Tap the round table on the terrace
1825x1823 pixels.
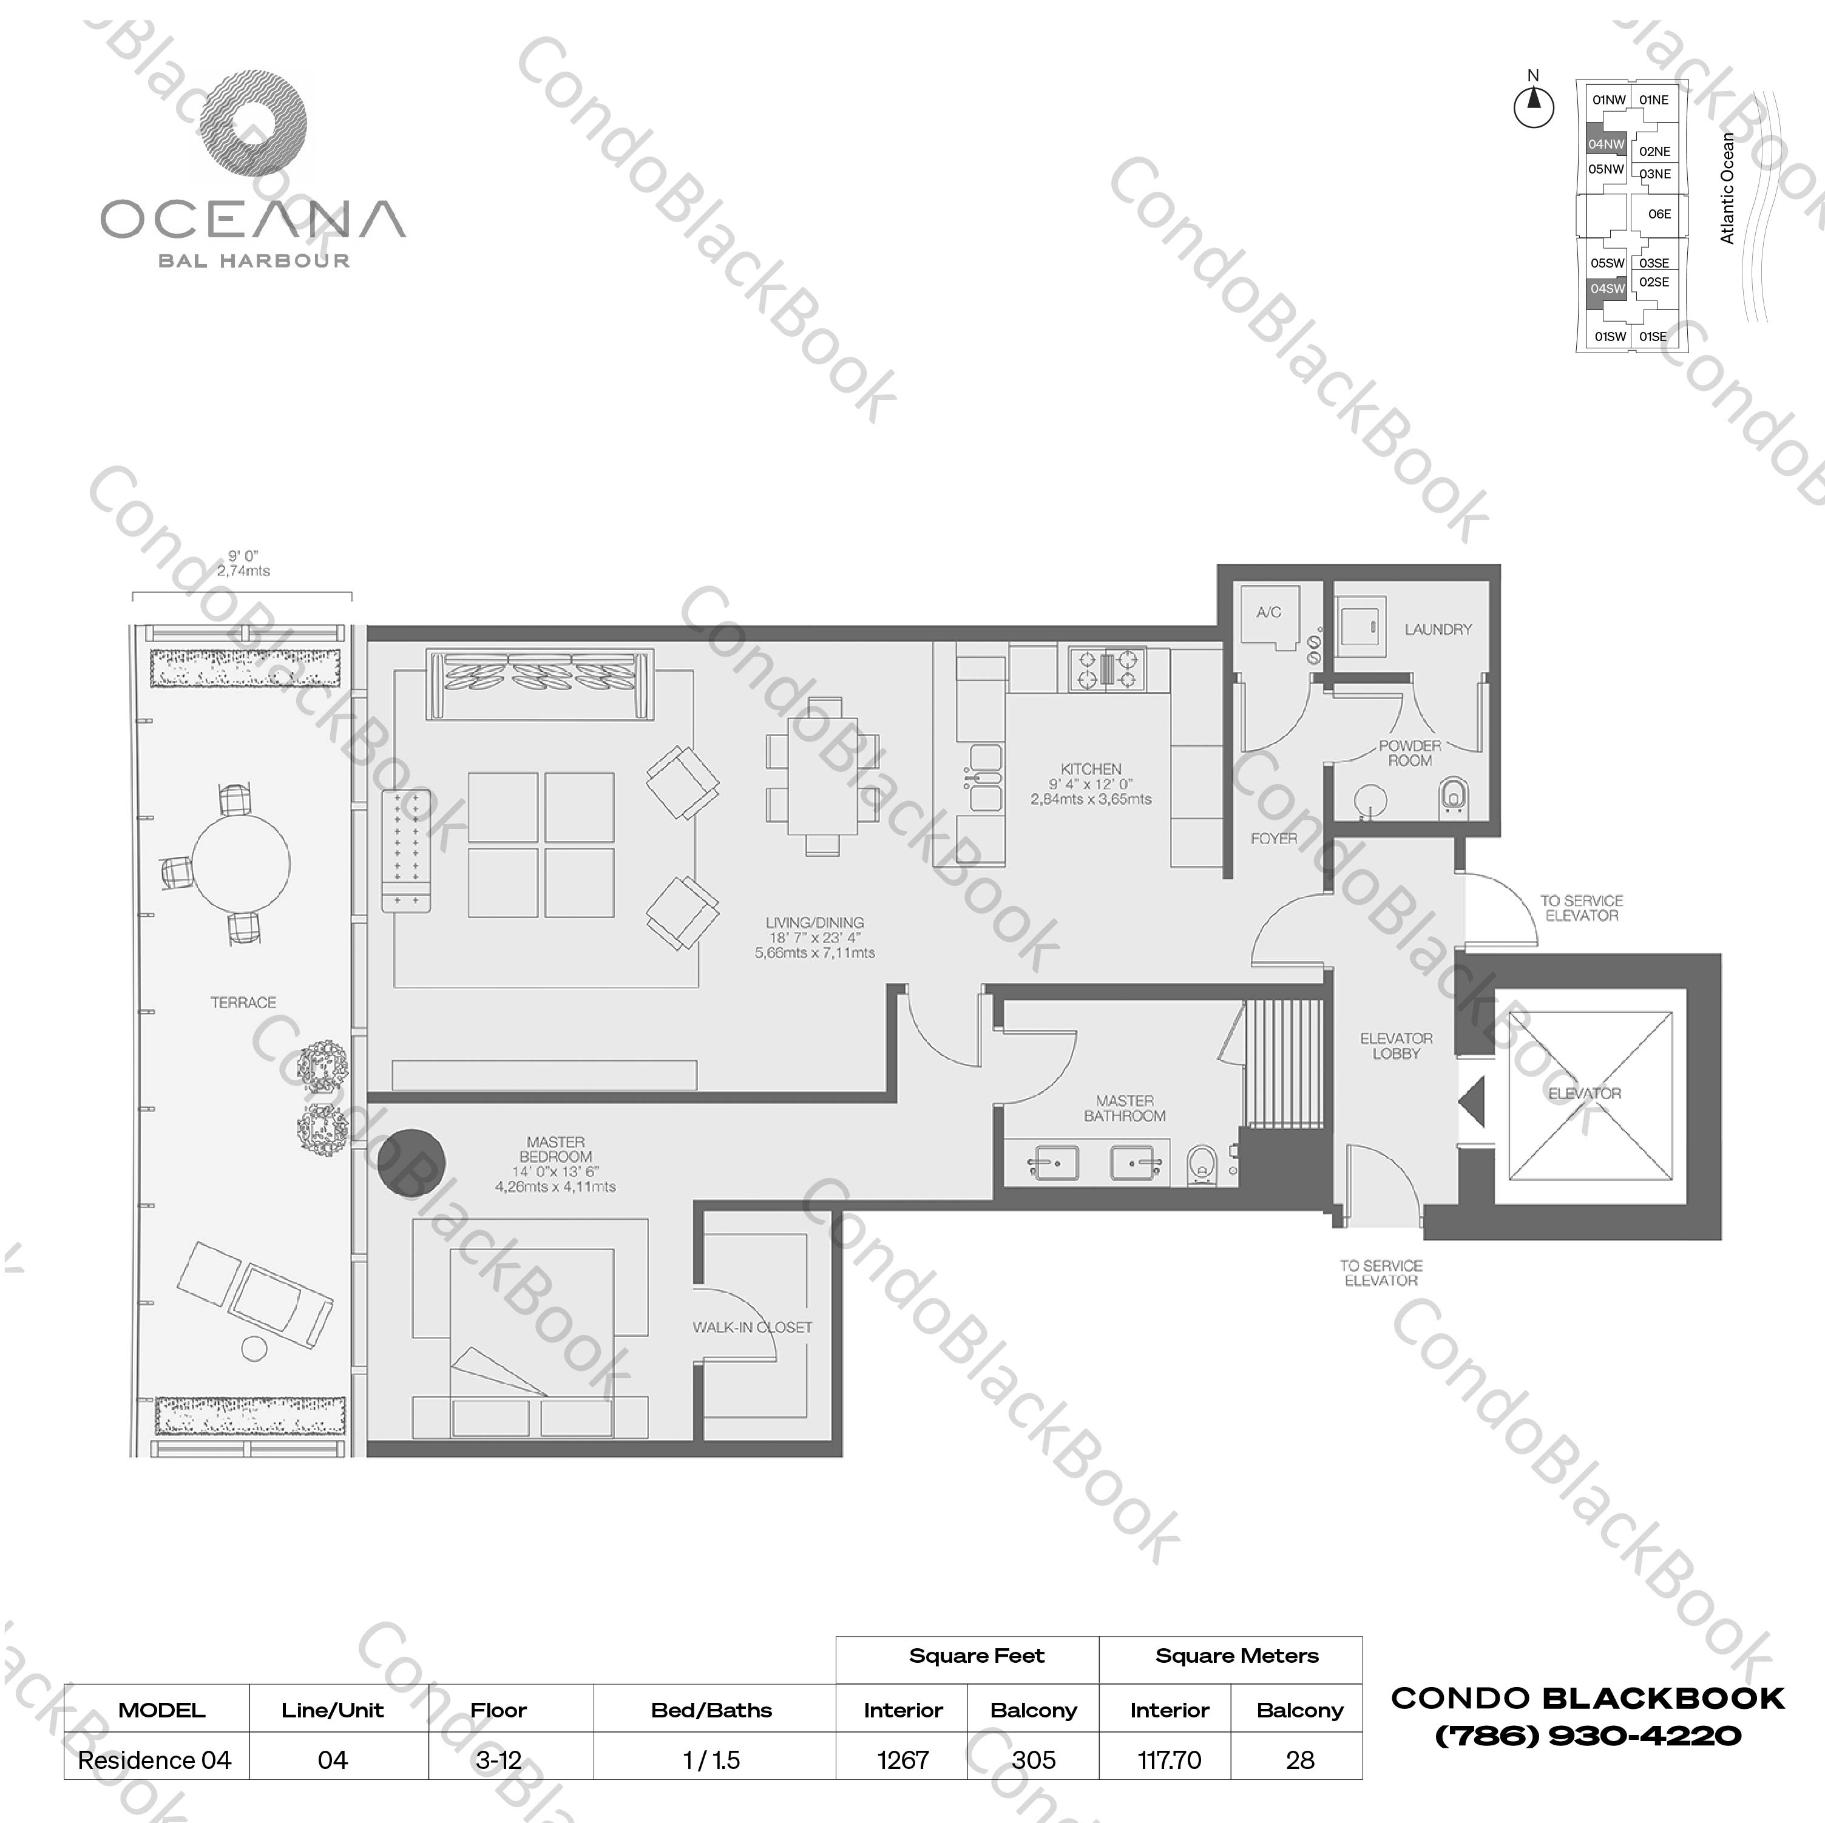coord(241,864)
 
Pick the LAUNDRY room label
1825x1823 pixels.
coord(1438,629)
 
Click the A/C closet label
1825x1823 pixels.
coord(1268,612)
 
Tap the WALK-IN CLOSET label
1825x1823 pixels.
coord(752,1327)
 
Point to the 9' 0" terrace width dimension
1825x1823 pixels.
coord(243,564)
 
